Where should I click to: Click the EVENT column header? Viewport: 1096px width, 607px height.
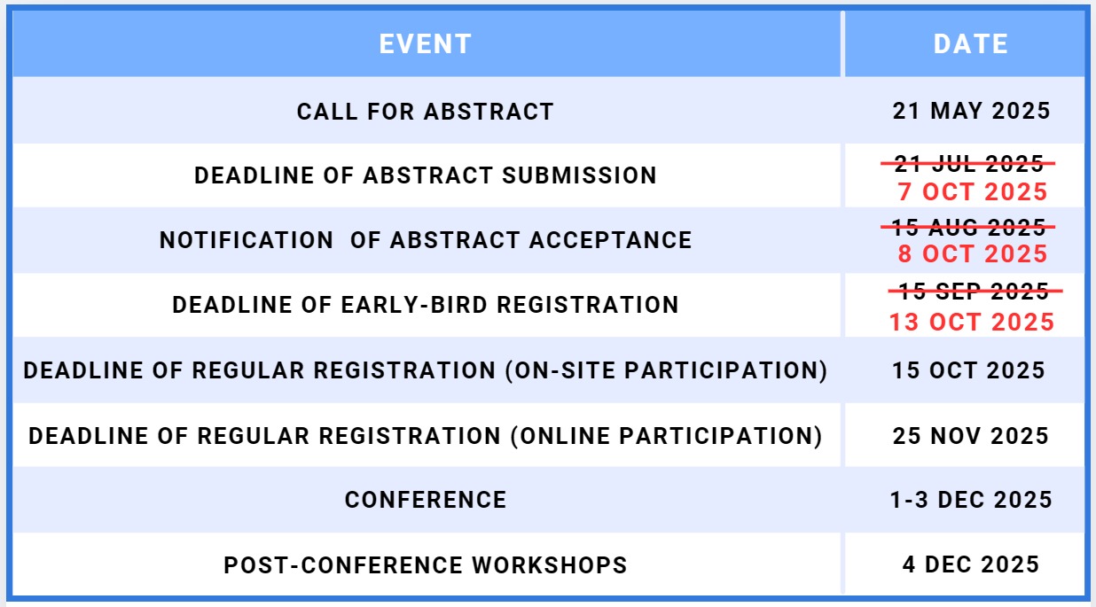(426, 44)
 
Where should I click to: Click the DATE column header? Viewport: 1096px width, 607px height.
(971, 44)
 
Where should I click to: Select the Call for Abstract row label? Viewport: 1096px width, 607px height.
(426, 112)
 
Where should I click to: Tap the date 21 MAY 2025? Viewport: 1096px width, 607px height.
(971, 111)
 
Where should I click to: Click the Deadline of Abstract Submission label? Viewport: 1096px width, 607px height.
(426, 175)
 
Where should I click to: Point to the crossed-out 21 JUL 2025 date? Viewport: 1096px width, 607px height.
(968, 163)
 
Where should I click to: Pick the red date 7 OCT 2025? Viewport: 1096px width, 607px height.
(972, 191)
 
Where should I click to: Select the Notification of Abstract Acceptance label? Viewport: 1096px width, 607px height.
(426, 240)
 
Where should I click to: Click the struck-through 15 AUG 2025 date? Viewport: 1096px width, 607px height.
(968, 227)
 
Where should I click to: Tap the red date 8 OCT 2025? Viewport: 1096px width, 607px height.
(972, 253)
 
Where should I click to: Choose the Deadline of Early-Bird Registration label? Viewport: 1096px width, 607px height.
(426, 305)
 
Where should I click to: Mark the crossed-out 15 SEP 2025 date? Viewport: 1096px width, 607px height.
(975, 291)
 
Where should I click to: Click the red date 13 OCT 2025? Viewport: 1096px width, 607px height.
(972, 323)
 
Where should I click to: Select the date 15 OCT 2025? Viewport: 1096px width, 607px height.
(969, 370)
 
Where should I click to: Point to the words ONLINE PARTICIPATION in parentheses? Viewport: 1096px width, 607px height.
(666, 436)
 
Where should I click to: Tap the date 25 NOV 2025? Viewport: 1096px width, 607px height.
(971, 436)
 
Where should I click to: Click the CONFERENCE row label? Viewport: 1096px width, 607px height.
(426, 500)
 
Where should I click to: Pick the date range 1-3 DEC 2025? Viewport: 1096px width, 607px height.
(971, 500)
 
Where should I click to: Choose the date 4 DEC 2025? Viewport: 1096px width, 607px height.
(971, 564)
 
